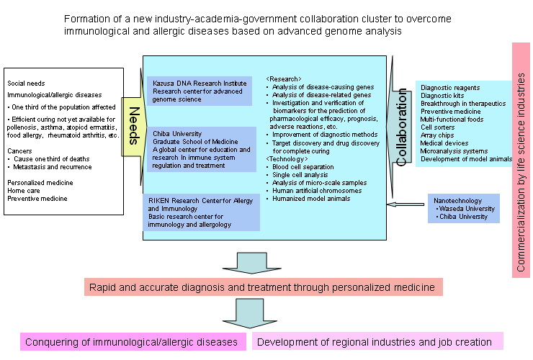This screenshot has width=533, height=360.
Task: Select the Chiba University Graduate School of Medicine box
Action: point(200,149)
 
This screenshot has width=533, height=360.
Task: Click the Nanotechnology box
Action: point(463,208)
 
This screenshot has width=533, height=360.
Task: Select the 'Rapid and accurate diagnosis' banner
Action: point(263,287)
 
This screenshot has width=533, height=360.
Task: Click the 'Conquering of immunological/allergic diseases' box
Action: point(131,342)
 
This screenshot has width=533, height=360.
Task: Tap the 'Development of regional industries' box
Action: point(375,342)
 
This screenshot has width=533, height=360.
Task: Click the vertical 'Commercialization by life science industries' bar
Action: point(521,159)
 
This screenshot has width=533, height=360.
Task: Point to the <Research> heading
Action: point(284,78)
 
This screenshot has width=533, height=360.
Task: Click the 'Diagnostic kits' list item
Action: point(443,95)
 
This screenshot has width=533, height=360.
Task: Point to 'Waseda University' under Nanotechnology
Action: point(466,208)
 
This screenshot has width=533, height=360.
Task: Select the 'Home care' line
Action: point(24,190)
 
